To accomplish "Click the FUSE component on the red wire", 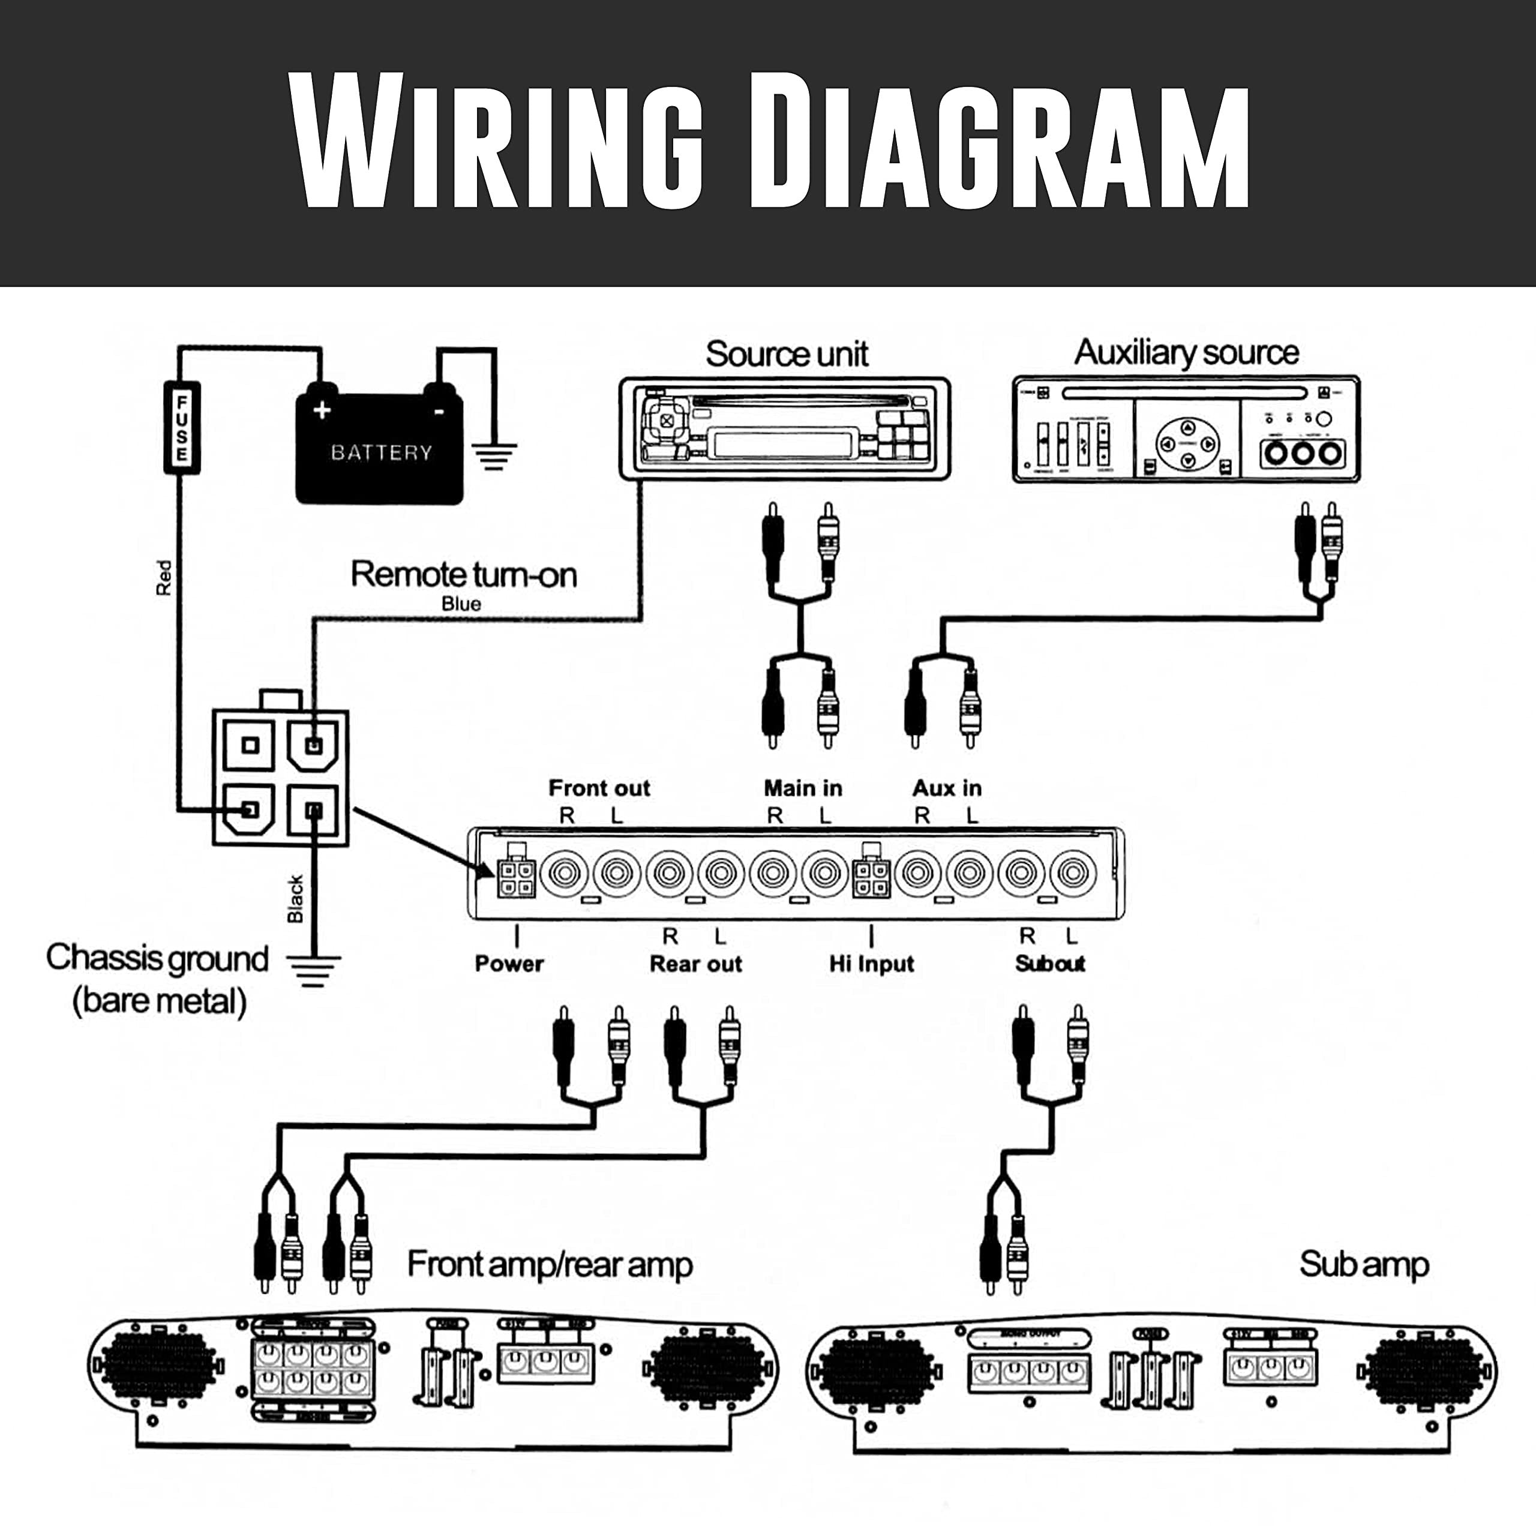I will click(181, 428).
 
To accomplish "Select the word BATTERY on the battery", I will click(381, 452).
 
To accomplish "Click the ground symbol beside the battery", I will click(494, 455).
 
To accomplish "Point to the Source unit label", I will click(786, 354).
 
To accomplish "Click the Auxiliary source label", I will click(1186, 352).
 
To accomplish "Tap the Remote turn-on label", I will click(464, 574).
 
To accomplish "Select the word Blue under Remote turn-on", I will click(461, 604).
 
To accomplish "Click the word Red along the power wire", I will click(164, 578).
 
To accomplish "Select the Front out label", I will click(599, 788).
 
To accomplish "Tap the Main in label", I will click(802, 788).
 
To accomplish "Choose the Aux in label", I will click(946, 788).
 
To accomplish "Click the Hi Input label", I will click(871, 964).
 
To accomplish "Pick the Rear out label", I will click(695, 964).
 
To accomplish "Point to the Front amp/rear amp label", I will click(550, 1264).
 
